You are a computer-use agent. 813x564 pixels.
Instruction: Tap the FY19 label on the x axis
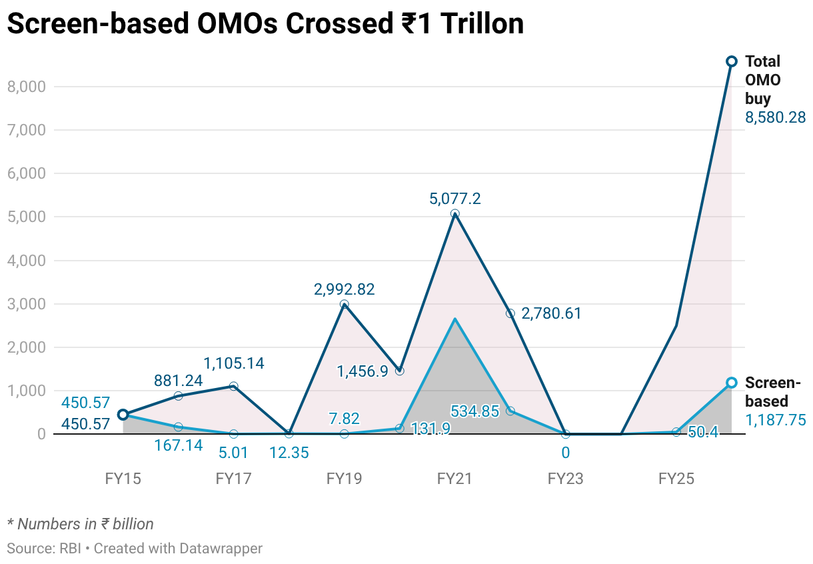click(344, 479)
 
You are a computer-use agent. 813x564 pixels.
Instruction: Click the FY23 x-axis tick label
click(565, 479)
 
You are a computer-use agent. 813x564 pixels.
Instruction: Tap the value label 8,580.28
click(775, 118)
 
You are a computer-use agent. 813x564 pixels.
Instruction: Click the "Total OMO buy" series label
click(762, 80)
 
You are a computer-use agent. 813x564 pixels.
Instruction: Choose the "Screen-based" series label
click(772, 392)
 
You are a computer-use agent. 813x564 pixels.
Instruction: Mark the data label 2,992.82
click(344, 289)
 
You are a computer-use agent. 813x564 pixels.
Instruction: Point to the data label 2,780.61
click(550, 313)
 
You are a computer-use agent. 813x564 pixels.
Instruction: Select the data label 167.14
click(178, 445)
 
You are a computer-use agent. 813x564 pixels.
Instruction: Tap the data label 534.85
click(474, 411)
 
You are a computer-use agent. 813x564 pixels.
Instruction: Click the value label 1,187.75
click(775, 420)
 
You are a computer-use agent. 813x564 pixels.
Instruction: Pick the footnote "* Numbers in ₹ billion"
click(80, 524)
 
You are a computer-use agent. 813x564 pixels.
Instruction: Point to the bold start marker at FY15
click(123, 415)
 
